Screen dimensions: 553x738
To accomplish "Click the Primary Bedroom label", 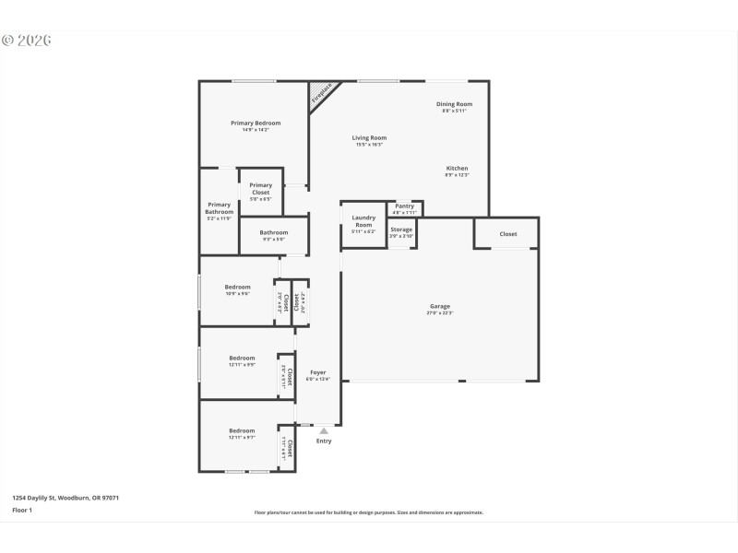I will point(256,123).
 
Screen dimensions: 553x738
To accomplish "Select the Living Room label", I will point(369,138).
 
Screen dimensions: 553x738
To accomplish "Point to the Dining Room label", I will point(454,104).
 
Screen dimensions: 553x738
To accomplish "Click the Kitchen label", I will point(457,169).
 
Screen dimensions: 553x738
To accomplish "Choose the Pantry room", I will point(405,206).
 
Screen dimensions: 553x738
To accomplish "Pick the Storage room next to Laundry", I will point(401,229).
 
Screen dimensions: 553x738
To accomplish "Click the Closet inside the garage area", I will point(508,234).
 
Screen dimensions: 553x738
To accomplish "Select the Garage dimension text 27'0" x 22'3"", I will point(440,313).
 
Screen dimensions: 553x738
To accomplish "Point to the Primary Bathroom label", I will point(219,208).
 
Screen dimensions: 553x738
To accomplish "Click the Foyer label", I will point(317,373).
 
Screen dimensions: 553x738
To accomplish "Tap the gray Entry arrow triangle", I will point(323,430).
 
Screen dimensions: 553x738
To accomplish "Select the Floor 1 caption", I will point(21,509).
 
